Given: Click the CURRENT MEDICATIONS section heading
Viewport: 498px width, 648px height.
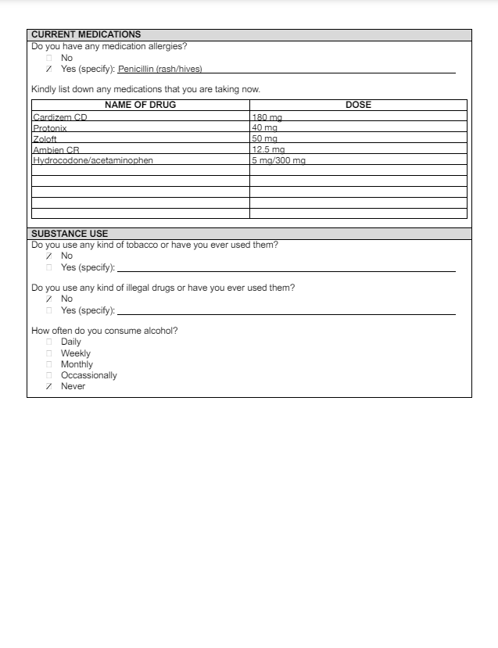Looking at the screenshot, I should click(86, 34).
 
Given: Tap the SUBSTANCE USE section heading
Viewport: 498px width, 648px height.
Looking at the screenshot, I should click(70, 234).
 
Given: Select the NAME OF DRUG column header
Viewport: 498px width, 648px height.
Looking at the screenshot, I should click(140, 105).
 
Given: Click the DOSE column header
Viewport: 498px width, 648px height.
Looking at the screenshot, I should click(358, 105).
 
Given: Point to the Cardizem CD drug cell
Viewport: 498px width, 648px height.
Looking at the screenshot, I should click(60, 117).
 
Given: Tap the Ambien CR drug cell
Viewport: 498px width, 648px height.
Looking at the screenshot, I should click(56, 149).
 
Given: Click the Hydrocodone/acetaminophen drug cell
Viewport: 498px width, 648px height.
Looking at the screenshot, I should click(93, 160).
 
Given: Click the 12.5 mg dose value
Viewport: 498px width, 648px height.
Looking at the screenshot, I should click(268, 149).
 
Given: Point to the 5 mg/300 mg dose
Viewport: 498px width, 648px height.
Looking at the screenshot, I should click(278, 160).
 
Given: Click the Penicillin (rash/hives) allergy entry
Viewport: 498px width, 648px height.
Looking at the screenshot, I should click(160, 69).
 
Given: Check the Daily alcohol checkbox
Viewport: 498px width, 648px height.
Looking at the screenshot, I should click(49, 342).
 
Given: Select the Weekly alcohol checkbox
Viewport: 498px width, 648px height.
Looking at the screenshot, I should click(49, 353).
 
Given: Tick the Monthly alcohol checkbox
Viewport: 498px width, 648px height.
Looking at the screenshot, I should click(49, 364).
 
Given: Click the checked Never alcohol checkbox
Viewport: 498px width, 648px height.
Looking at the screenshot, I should click(49, 386).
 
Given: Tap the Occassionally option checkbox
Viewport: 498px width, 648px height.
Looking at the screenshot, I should click(49, 375).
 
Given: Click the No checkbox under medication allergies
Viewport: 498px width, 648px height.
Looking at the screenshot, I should click(49, 58).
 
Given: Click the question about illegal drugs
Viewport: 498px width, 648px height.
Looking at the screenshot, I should click(163, 288).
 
